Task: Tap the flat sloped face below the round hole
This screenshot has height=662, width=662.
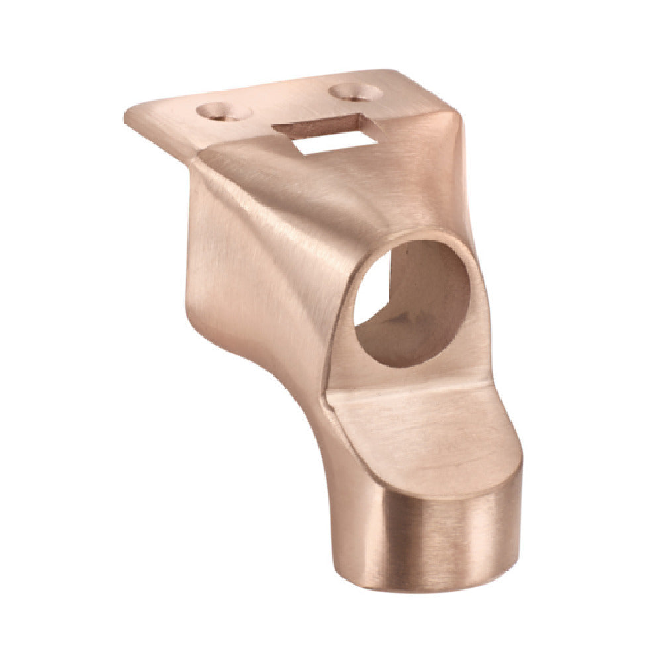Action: (x=424, y=424)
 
